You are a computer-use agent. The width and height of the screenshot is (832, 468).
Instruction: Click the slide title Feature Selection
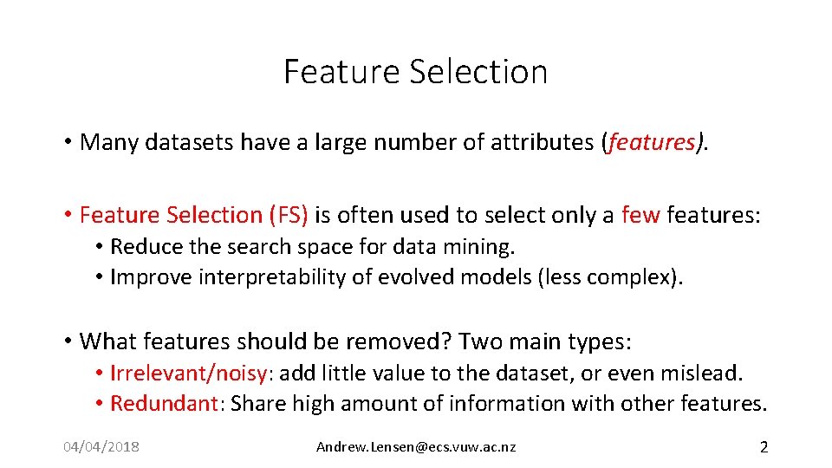(x=415, y=71)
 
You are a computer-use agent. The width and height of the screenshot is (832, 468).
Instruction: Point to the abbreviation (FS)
(x=289, y=214)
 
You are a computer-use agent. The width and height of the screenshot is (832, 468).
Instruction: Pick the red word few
(x=640, y=214)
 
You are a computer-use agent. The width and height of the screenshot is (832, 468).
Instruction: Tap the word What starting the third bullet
(x=108, y=341)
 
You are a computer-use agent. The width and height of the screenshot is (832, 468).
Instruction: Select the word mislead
(x=705, y=374)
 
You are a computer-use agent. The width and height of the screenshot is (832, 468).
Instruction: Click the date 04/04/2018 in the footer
(x=101, y=447)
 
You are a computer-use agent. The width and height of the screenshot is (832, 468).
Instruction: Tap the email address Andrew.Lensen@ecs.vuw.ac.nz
(x=416, y=447)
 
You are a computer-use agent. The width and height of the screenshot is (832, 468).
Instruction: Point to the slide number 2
(x=764, y=447)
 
